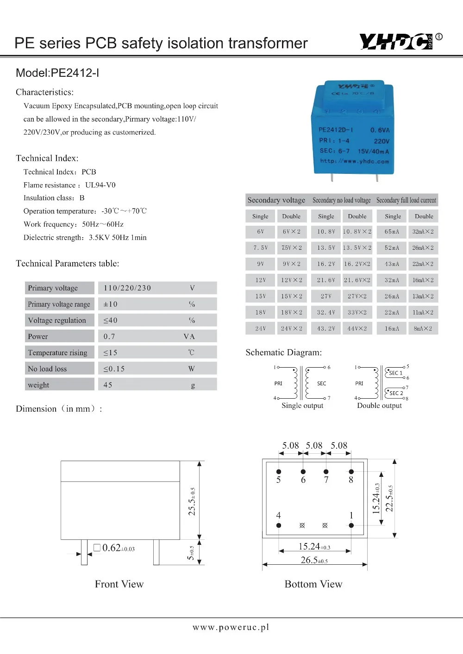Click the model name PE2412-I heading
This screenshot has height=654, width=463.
57,73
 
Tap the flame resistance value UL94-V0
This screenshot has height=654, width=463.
100,185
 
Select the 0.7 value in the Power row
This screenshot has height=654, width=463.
109,336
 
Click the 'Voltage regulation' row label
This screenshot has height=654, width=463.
57,320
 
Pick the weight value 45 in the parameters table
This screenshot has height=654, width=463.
108,385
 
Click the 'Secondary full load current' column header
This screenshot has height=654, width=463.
406,200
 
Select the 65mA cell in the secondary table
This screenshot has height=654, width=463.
392,232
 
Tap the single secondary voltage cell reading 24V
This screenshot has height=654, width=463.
261,329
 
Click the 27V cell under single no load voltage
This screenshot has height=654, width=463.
326,296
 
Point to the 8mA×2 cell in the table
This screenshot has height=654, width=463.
423,329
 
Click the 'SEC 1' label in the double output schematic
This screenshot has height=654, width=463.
395,373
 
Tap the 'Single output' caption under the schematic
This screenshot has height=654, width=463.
302,406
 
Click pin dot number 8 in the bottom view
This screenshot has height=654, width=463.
351,472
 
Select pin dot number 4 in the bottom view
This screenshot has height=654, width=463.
279,525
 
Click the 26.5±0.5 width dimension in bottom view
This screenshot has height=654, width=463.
314,560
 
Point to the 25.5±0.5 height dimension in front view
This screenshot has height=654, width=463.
192,501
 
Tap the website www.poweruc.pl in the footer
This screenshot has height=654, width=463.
231,627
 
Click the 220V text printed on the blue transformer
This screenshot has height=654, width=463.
382,141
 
